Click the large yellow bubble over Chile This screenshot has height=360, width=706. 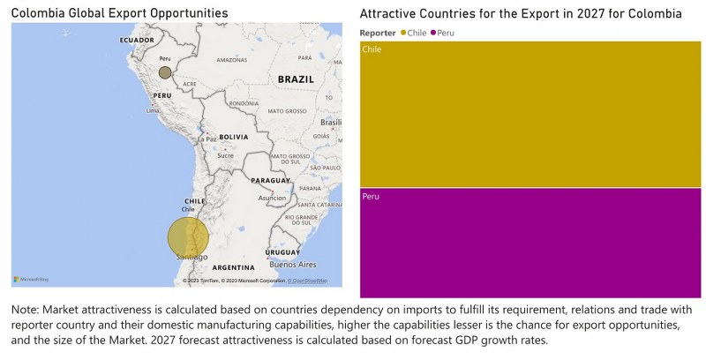[188, 238]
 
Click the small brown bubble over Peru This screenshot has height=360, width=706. [165, 73]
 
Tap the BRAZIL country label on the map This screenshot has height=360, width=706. [296, 79]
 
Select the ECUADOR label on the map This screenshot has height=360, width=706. [137, 41]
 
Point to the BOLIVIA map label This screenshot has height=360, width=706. [233, 137]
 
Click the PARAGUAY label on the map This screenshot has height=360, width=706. [270, 180]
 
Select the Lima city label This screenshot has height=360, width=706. [153, 111]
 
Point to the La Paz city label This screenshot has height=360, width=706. [207, 139]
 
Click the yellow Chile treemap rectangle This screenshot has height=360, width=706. [529, 115]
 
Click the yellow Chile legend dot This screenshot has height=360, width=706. [404, 33]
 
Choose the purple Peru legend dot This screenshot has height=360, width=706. [434, 33]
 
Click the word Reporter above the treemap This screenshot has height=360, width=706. [379, 33]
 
